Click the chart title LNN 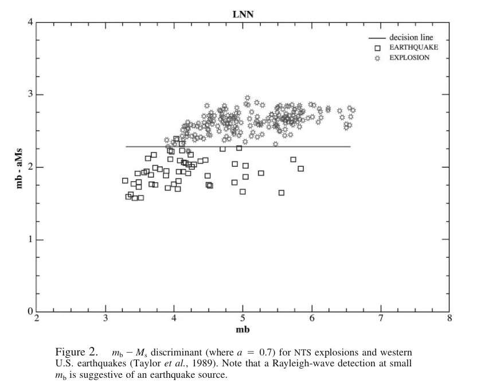[x=243, y=14]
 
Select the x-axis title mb [x=243, y=329]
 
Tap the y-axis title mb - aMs [x=19, y=169]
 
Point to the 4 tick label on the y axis [x=30, y=22]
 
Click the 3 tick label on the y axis [x=30, y=94]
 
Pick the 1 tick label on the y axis [x=30, y=239]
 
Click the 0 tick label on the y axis [x=30, y=311]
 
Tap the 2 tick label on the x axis [x=37, y=319]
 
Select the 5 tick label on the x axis [x=243, y=319]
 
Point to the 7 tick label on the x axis [x=381, y=319]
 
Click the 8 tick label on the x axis [x=449, y=319]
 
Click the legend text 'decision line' [x=411, y=37]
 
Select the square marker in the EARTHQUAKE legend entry [x=377, y=48]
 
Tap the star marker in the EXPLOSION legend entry [x=377, y=58]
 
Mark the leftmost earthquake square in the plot [x=125, y=181]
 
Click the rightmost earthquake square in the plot [x=300, y=169]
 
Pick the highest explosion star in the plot [x=247, y=98]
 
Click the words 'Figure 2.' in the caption [x=76, y=352]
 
